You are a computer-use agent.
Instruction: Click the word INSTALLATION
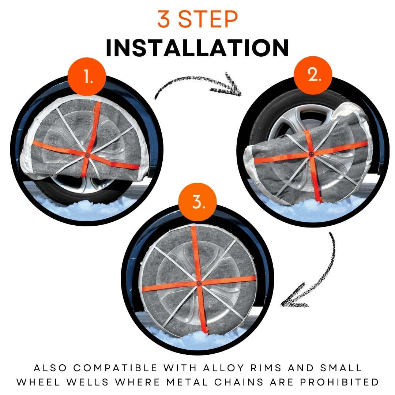point(197,48)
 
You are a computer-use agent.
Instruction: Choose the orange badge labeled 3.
point(198,203)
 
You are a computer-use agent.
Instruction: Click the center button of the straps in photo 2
point(311,154)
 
